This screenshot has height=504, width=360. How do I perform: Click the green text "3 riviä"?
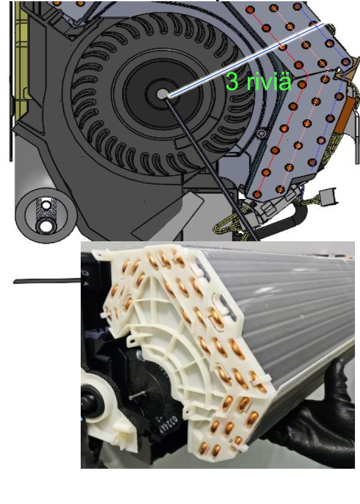click(x=258, y=81)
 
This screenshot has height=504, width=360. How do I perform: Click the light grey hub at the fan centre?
click(x=163, y=94)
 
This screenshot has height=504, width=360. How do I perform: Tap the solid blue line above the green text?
click(x=247, y=60)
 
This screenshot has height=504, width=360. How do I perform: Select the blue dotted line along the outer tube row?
click(x=332, y=87)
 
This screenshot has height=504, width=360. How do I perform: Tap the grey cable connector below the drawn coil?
click(x=328, y=196)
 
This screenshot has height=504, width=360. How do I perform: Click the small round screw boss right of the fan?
click(x=262, y=133)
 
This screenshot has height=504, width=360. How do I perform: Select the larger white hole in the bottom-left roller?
click(x=46, y=226)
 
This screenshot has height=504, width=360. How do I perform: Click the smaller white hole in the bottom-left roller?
click(x=46, y=205)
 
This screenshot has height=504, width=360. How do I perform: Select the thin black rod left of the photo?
click(x=47, y=281)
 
